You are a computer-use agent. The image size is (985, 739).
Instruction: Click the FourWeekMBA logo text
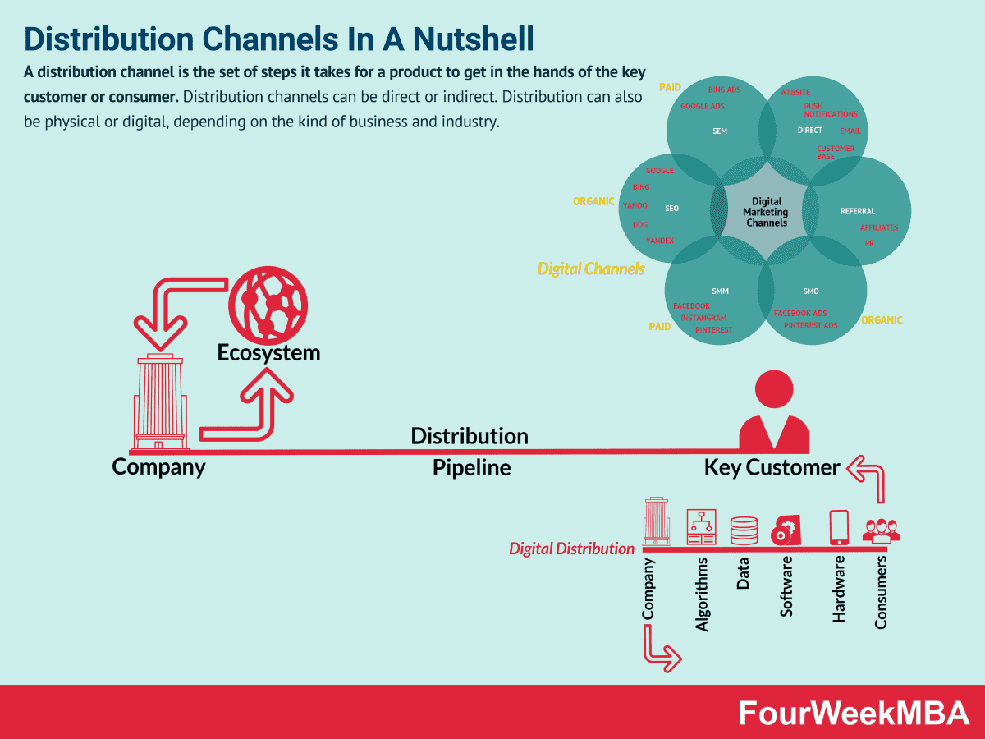pos(854,713)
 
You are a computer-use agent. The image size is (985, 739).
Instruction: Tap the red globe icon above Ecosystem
pos(268,305)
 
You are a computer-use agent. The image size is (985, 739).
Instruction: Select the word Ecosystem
pos(268,353)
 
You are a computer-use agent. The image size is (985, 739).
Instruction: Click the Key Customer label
pos(772,467)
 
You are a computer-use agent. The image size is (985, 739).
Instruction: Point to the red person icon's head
pos(774,388)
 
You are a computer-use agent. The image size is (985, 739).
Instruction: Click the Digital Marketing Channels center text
pos(766,212)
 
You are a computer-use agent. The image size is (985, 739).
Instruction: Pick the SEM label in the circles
pos(720,131)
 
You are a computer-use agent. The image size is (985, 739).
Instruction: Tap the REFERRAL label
pos(858,211)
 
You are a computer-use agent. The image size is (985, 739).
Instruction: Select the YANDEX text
pos(660,241)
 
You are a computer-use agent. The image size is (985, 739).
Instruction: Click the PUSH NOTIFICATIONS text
pos(830,110)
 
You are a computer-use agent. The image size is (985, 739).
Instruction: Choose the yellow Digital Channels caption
pos(591,269)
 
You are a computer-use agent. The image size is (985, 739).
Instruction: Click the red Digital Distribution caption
pos(571,549)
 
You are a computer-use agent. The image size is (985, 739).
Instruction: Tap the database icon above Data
pos(744,530)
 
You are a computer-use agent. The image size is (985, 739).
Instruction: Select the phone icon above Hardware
pos(839,527)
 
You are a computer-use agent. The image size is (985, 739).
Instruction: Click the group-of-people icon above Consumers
pos(881,530)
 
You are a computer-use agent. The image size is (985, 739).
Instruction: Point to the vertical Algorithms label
pos(701,594)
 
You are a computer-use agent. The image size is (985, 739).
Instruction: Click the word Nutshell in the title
pos(474,39)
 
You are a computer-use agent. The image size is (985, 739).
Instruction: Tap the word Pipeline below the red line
pos(472,467)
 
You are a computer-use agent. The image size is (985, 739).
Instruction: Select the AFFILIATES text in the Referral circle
pos(878,227)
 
